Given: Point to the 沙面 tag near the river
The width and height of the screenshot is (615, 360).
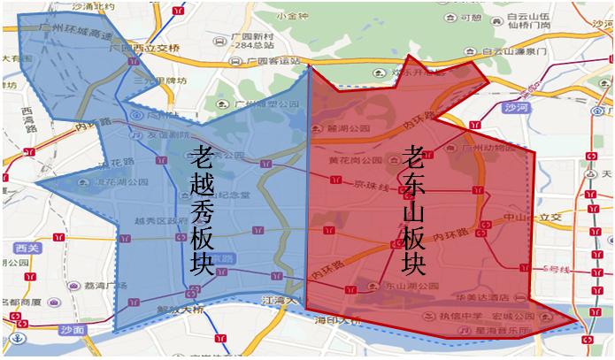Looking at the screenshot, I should coord(72,329).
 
